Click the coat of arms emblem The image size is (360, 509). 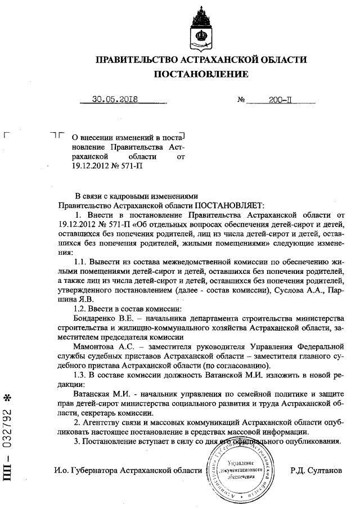point(201,26)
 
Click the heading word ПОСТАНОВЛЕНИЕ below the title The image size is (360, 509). point(201,74)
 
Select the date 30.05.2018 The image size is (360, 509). point(116,101)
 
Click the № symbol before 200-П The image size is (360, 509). point(242,101)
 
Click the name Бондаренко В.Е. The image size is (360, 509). point(99,318)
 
